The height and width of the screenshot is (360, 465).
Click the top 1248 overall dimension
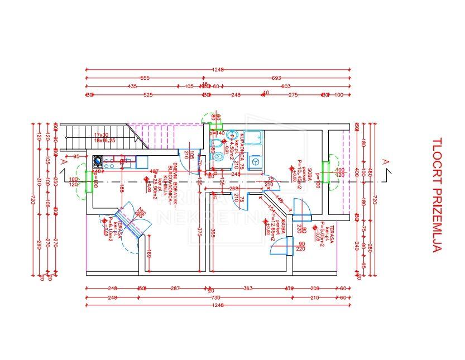218,70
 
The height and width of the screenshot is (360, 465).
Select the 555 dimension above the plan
145,78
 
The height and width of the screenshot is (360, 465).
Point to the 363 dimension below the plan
248,289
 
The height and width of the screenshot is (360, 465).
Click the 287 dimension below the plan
175,289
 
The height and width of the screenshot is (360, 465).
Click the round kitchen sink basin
98,162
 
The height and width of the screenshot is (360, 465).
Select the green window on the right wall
325,174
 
